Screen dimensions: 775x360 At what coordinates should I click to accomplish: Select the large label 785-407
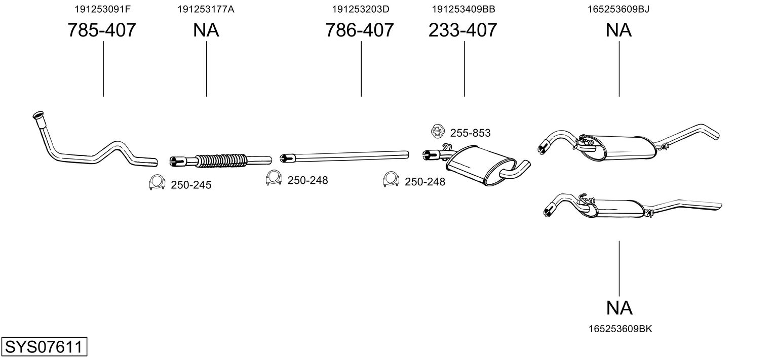tap(102, 30)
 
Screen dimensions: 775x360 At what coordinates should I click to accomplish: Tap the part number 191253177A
tap(206, 9)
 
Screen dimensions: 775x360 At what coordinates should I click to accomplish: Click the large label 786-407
tap(360, 30)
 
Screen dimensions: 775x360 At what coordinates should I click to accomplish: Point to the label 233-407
tap(462, 30)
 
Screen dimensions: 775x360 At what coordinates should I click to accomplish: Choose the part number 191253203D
tap(361, 9)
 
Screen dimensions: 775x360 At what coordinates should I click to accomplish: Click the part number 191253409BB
tap(463, 9)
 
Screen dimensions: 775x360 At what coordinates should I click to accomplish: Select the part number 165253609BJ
tap(618, 9)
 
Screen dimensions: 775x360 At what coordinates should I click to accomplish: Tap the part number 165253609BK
tap(621, 329)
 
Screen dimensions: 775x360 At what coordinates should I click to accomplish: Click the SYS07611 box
tap(44, 346)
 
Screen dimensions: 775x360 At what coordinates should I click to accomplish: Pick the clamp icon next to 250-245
tap(157, 183)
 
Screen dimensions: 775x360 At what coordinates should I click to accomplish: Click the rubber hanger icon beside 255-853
tap(438, 131)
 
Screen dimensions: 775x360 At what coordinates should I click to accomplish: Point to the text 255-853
tap(470, 133)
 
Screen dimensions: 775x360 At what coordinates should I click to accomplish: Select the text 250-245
tap(191, 185)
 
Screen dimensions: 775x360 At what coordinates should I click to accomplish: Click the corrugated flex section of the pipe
tap(221, 161)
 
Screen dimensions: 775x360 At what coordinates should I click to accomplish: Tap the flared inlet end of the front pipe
tap(37, 115)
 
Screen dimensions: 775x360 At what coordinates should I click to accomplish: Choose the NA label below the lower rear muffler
tap(619, 308)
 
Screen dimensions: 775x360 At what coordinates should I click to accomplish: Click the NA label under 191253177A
tap(206, 30)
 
